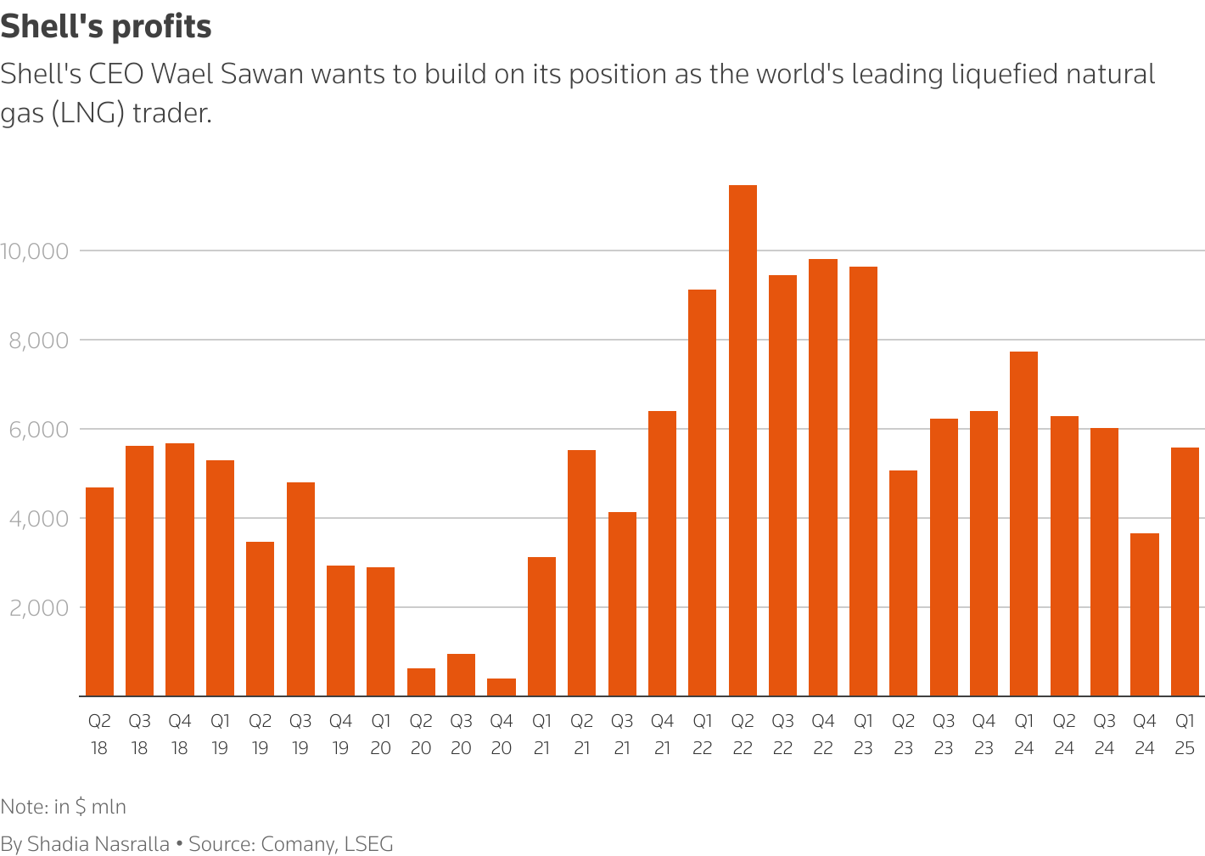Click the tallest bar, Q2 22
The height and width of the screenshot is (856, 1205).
click(x=743, y=441)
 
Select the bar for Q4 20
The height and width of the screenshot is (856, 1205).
click(x=502, y=687)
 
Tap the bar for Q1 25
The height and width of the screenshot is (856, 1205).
click(x=1185, y=572)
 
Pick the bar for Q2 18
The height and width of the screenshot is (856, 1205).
click(x=99, y=592)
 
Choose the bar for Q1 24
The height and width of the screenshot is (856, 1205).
click(x=1023, y=524)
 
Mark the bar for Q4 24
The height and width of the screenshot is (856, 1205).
click(x=1145, y=615)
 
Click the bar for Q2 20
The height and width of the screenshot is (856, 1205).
click(x=421, y=682)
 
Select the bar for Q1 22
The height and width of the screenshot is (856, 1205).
click(x=702, y=493)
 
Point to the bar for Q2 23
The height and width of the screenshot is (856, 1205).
click(x=903, y=583)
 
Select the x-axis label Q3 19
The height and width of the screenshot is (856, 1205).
click(x=300, y=735)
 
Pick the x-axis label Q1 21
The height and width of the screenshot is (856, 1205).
click(x=541, y=735)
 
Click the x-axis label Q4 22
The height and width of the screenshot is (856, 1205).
click(x=823, y=735)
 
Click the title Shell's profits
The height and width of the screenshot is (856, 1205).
click(x=106, y=27)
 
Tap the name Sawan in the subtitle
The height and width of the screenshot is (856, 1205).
click(x=261, y=75)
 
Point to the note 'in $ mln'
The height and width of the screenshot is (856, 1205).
click(x=90, y=806)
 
